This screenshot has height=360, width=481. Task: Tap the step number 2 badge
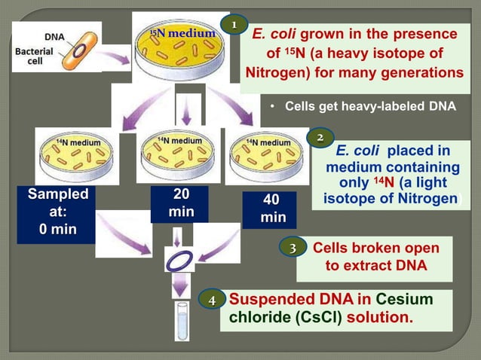click(x=320, y=138)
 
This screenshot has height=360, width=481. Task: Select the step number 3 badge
click(x=292, y=247)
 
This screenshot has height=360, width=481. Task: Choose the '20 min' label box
click(x=181, y=203)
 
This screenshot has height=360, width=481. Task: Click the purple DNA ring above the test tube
click(x=179, y=261)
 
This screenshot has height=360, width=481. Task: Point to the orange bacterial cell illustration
click(x=80, y=47)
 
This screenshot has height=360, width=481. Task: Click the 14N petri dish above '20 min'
click(x=178, y=154)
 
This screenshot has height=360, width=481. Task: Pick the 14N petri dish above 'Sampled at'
click(x=78, y=156)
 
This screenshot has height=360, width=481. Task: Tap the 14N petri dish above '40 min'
click(x=268, y=156)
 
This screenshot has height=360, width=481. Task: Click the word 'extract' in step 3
click(x=366, y=265)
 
